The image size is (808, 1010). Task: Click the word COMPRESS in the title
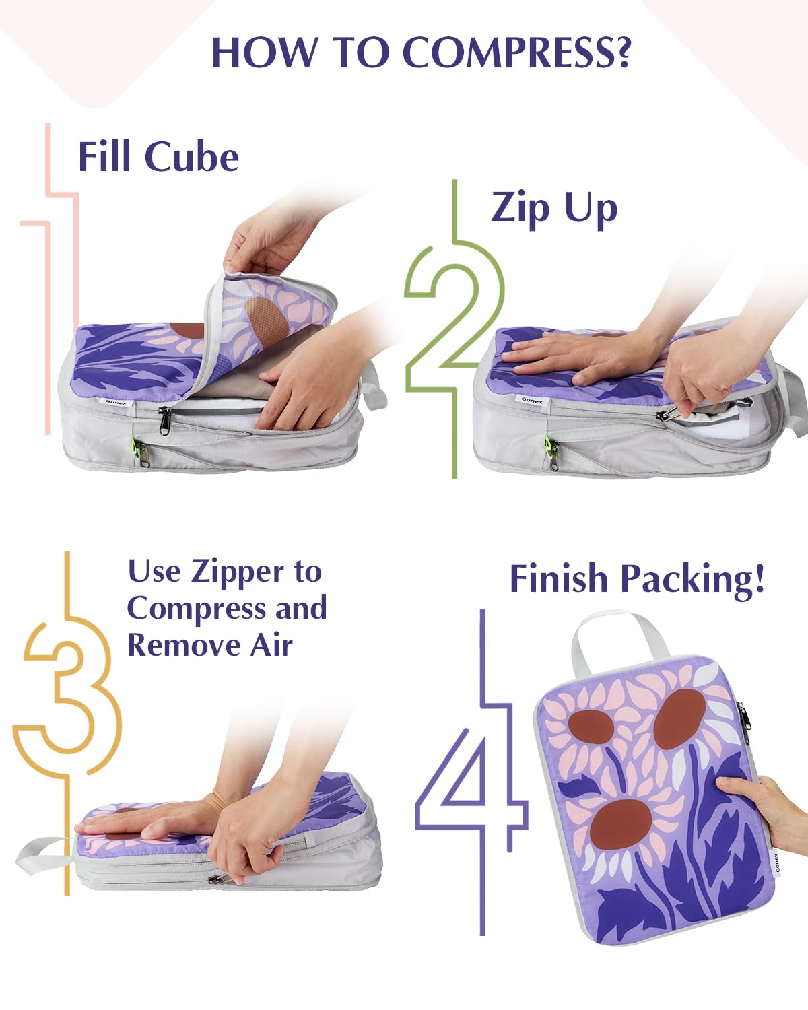pyautogui.click(x=517, y=52)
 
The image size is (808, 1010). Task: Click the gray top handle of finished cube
pyautogui.click(x=606, y=636)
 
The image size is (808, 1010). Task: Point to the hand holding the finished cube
pyautogui.click(x=768, y=805)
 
